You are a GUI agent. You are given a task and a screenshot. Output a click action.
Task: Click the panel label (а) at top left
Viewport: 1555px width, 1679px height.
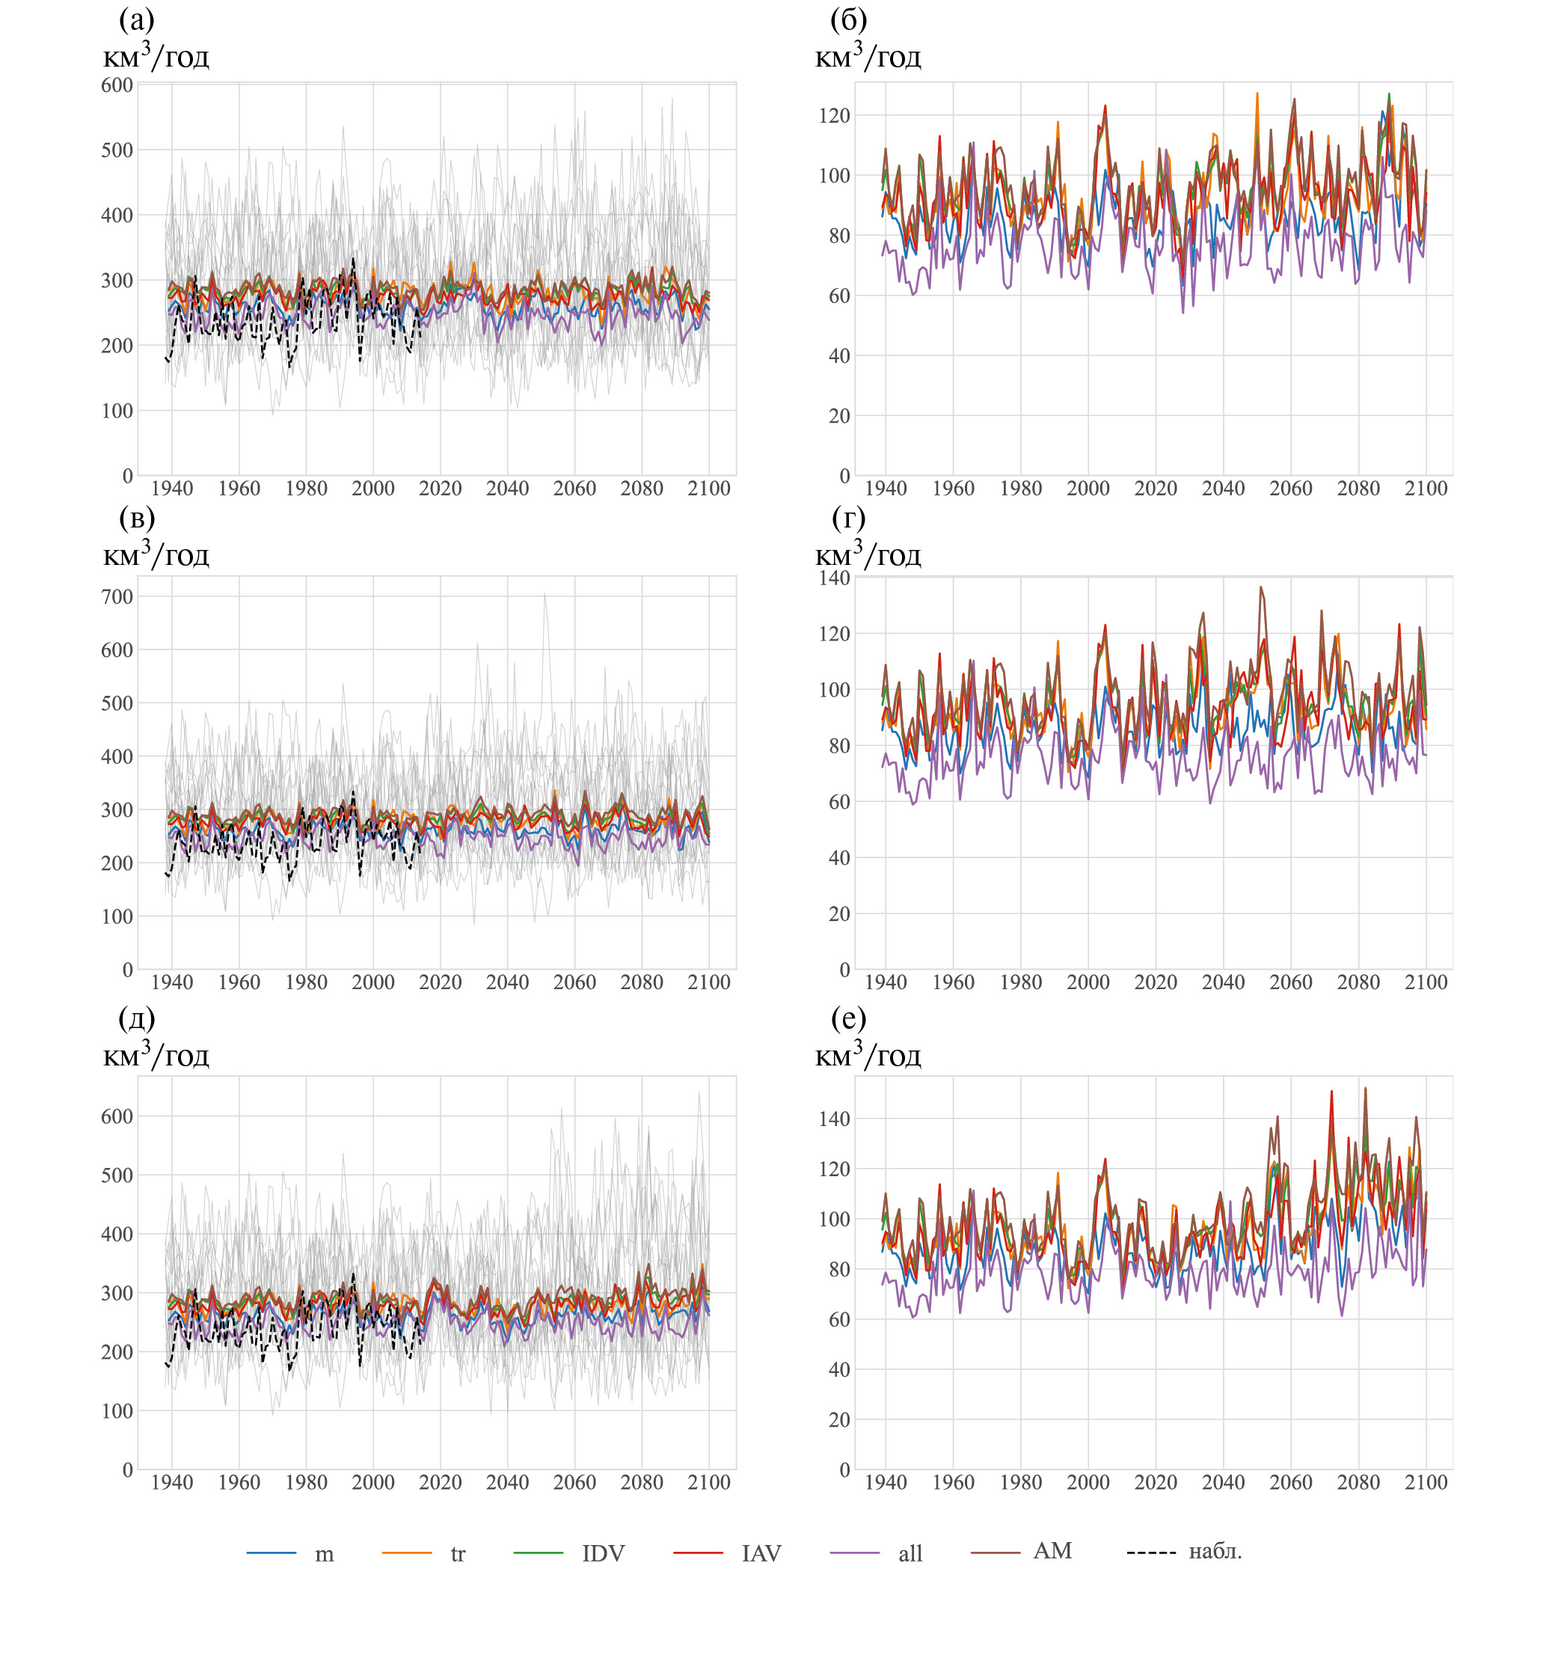point(136,19)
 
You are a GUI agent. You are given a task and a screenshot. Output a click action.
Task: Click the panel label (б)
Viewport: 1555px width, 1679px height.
point(848,19)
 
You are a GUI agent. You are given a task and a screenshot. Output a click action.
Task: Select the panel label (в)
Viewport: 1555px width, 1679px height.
point(136,518)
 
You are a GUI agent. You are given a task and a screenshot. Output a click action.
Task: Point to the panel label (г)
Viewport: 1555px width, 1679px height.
point(848,518)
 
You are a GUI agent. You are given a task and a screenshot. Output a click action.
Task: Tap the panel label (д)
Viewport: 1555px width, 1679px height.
point(136,1018)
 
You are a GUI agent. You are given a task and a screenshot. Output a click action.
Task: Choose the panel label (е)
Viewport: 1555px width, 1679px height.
point(848,1018)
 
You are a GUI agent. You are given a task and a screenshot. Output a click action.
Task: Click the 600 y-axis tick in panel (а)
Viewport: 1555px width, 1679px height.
point(117,85)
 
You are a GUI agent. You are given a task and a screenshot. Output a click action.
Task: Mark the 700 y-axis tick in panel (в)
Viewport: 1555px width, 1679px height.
point(117,596)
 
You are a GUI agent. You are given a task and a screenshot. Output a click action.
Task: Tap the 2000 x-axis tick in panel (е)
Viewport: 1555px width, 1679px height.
point(1088,1483)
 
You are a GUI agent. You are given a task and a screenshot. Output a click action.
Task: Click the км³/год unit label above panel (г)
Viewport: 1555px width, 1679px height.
point(868,554)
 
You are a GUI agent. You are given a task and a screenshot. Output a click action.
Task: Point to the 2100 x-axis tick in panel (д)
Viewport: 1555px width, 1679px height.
point(708,1483)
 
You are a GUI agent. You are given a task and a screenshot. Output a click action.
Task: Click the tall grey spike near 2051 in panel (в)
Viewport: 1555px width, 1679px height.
point(545,596)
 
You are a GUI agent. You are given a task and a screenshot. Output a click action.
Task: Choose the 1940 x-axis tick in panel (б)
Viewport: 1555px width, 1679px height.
point(886,488)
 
